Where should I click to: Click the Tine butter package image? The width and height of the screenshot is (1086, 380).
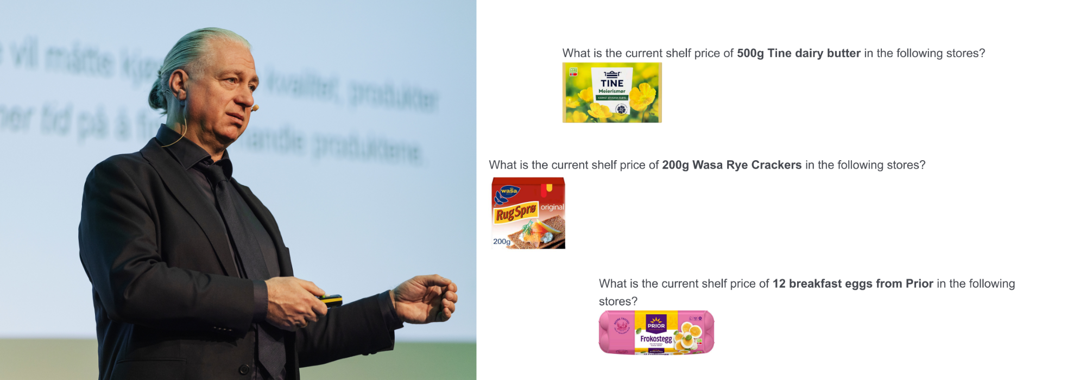click(612, 92)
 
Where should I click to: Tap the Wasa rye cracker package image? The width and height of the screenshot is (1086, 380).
click(528, 213)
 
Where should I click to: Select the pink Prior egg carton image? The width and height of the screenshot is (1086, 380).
click(656, 332)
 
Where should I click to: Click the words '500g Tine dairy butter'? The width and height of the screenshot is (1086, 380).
click(798, 53)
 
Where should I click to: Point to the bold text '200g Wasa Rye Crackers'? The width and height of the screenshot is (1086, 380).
click(731, 165)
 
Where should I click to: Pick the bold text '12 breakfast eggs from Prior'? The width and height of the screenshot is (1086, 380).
click(853, 283)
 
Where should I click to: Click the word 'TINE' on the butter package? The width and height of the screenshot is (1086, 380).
click(612, 83)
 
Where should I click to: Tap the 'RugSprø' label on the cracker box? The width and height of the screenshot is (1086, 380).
click(515, 213)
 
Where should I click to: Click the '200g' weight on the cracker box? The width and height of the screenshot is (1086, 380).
click(501, 242)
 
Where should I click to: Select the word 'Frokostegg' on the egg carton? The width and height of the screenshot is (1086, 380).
click(656, 339)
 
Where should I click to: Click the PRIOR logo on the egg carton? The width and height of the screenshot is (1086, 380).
click(656, 325)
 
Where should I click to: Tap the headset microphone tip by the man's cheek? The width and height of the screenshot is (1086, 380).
click(255, 108)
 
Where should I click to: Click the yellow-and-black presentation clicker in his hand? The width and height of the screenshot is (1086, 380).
click(331, 299)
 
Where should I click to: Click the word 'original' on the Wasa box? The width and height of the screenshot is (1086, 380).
click(552, 207)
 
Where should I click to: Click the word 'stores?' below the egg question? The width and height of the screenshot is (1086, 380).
click(618, 301)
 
